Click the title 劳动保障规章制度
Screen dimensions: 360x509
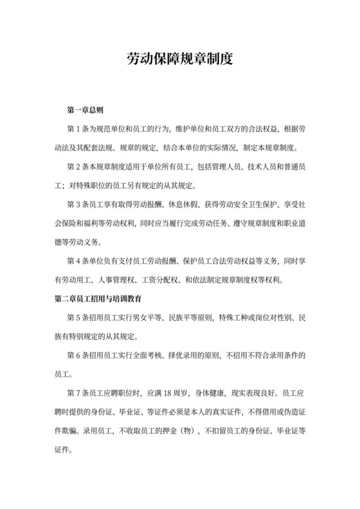pyautogui.click(x=179, y=60)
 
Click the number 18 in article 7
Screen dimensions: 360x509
pyautogui.click(x=169, y=394)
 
